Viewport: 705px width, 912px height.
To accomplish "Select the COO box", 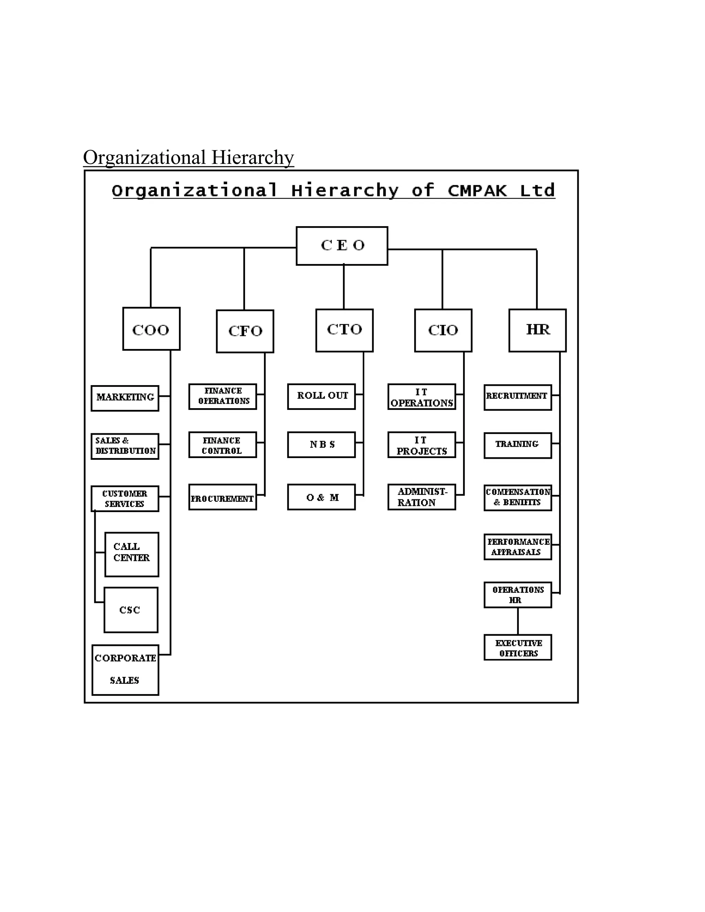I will tap(151, 329).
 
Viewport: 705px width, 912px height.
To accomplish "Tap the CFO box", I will tap(245, 331).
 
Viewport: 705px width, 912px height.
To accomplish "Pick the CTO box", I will tap(344, 330).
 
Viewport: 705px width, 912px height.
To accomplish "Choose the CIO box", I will tap(443, 330).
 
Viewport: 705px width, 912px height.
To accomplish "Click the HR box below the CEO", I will tap(537, 330).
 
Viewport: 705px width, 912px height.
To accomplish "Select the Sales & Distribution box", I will tap(125, 446).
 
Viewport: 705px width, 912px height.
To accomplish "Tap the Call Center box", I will tap(131, 554).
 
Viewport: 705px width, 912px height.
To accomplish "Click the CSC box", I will tap(131, 610).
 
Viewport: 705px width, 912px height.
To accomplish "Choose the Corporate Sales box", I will tap(125, 670).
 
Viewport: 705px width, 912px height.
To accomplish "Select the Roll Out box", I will tap(321, 396).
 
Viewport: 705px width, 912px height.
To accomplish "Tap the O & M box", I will tap(321, 497).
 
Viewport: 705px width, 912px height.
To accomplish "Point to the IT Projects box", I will tap(421, 445).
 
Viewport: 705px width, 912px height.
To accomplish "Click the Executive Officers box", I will tap(517, 647).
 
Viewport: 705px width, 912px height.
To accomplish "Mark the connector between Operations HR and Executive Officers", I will tap(518, 621).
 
